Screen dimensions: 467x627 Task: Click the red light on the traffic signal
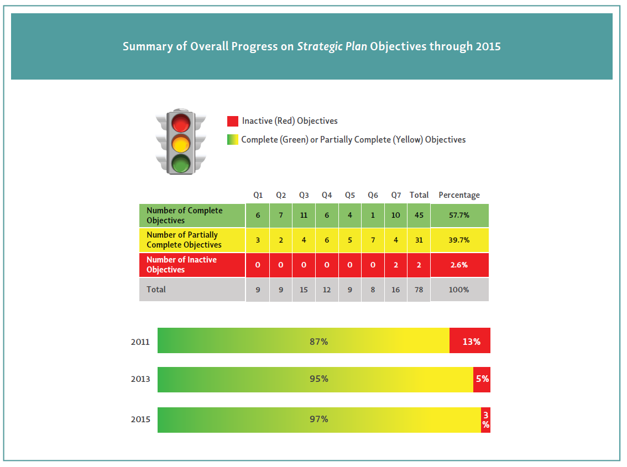180,123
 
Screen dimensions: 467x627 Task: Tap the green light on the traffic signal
180,164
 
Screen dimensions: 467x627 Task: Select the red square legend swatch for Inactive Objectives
233,121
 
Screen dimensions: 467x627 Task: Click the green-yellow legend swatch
233,140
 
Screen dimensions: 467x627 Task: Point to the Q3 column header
304,195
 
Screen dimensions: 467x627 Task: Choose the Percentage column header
459,195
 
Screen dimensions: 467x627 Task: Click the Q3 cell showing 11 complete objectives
304,215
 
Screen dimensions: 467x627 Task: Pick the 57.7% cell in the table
459,215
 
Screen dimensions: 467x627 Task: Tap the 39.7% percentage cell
459,240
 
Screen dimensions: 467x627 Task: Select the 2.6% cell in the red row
459,265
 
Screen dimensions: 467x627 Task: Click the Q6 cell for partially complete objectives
373,240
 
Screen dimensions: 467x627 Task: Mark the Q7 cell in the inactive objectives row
396,265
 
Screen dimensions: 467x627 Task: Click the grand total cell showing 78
419,290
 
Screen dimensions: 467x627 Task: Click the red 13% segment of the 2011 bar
470,342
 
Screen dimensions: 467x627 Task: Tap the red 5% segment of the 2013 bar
482,380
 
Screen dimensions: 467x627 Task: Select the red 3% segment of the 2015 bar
485,420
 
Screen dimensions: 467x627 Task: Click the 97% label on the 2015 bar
319,419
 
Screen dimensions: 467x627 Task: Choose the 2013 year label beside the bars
140,379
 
